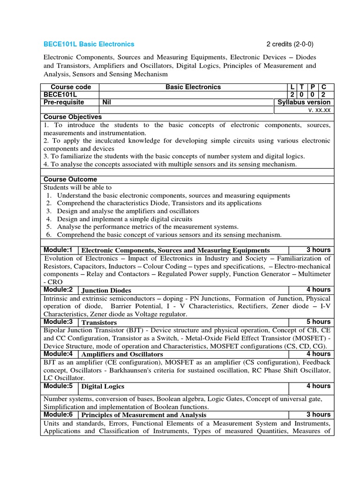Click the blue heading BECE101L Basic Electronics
(x=89, y=45)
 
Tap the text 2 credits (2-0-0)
(x=290, y=45)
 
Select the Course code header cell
(x=71, y=87)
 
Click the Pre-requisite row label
(x=64, y=102)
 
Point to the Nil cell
(x=108, y=102)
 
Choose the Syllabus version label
(x=304, y=102)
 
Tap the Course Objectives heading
(x=73, y=117)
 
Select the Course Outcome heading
(x=70, y=180)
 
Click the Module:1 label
(x=58, y=250)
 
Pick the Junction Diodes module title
(x=106, y=291)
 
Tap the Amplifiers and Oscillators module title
(x=122, y=354)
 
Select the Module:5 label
(x=58, y=386)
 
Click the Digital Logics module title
(x=104, y=387)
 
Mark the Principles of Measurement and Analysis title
(x=144, y=415)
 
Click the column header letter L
(x=293, y=87)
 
